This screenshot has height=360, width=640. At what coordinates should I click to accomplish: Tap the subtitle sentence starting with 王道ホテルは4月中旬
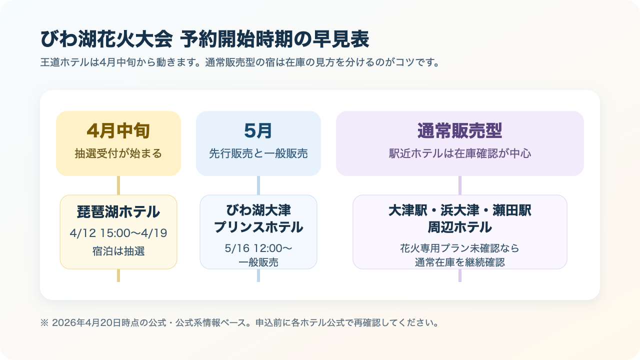(x=240, y=63)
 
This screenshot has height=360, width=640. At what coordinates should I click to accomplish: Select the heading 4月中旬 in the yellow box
(x=118, y=131)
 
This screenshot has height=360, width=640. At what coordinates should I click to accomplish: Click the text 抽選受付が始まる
(x=118, y=153)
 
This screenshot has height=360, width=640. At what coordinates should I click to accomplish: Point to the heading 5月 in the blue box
(x=258, y=131)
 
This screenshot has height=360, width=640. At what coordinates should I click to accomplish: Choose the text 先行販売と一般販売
(x=258, y=153)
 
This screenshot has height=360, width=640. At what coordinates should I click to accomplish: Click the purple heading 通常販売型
(x=459, y=131)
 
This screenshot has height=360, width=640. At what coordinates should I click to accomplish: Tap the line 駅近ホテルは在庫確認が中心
(x=459, y=153)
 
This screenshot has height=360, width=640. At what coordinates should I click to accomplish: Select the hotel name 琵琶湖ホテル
(x=118, y=212)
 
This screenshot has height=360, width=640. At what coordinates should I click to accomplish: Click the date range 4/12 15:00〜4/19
(x=118, y=233)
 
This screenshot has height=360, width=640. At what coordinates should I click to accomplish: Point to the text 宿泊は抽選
(x=118, y=251)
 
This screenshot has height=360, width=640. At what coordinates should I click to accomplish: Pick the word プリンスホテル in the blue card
(x=258, y=227)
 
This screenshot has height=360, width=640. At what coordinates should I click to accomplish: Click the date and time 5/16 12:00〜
(x=258, y=248)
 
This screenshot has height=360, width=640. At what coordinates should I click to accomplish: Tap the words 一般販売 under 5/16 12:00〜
(x=258, y=262)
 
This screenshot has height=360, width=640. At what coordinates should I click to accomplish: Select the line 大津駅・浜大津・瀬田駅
(x=459, y=210)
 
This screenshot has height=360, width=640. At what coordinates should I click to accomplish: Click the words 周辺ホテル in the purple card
(x=459, y=227)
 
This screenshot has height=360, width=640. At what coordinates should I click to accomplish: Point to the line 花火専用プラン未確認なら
(x=459, y=248)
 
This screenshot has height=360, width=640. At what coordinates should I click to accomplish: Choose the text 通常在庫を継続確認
(x=459, y=262)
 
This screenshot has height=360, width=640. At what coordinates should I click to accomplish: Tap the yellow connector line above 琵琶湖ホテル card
(x=118, y=185)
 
